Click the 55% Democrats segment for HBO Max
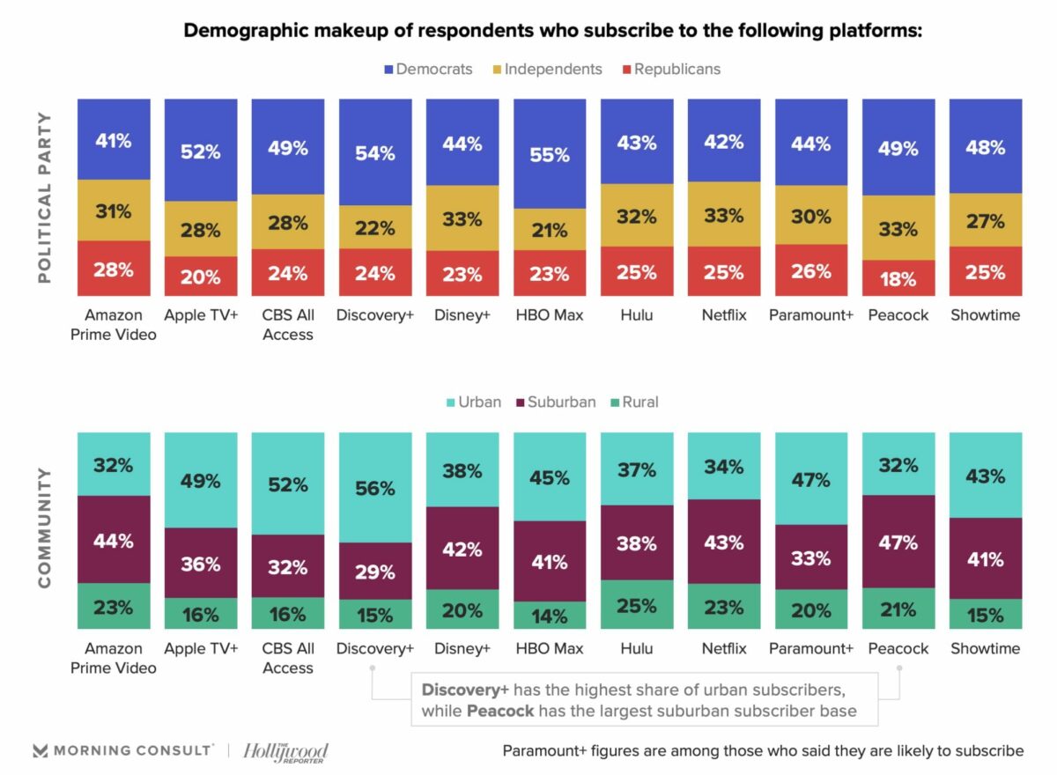click(x=550, y=153)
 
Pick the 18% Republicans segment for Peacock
click(x=898, y=278)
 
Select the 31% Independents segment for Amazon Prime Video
click(x=114, y=210)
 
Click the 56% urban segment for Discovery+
click(x=375, y=487)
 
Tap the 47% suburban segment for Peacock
click(x=898, y=542)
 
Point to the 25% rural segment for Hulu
click(x=636, y=605)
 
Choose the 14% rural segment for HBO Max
click(x=550, y=616)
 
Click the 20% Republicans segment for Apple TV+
click(x=201, y=277)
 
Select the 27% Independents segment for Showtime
click(x=985, y=220)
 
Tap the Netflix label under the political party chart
click(x=724, y=315)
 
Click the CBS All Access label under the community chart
click(x=288, y=658)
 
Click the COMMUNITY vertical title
click(x=45, y=528)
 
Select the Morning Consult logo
click(x=123, y=750)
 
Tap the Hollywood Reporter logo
click(x=285, y=751)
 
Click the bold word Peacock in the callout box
click(x=500, y=710)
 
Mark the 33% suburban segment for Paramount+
click(x=810, y=557)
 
